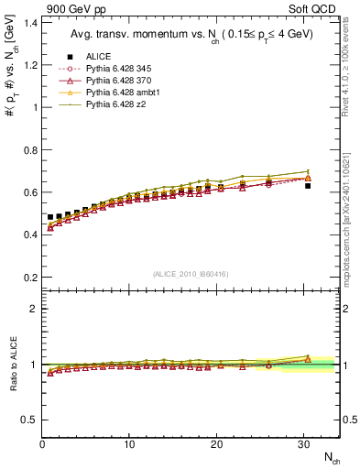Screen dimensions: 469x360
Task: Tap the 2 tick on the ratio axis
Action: coord(30,309)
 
